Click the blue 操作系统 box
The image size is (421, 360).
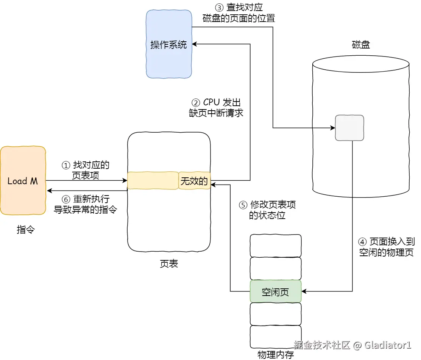coord(169,44)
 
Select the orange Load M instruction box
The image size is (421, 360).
coord(23,181)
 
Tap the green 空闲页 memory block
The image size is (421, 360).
coord(276,291)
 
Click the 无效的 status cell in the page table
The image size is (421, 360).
coord(194,181)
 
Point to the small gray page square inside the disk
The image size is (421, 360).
coord(349,128)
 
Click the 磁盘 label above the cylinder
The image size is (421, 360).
coord(361,45)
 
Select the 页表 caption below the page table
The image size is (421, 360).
coord(169,264)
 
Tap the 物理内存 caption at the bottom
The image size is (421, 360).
coord(276,355)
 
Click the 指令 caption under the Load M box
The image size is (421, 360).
coord(26,229)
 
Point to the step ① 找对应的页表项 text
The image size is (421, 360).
coord(86,170)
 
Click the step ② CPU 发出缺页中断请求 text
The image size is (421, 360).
coord(216,108)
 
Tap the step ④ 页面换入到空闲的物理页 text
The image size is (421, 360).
coord(386,247)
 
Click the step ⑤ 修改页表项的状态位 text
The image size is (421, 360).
coord(267,210)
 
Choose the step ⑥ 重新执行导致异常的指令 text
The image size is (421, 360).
coord(86,204)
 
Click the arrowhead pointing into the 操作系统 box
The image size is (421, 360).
coord(196,44)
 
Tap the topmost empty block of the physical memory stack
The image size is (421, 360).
coord(276,246)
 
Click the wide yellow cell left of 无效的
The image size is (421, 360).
coord(153,181)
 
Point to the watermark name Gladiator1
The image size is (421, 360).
coord(388,345)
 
